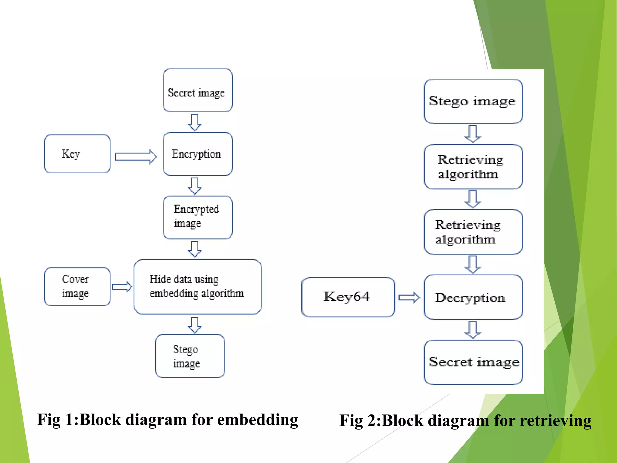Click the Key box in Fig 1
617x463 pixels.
click(77, 154)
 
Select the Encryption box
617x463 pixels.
click(198, 154)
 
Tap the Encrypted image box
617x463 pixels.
click(198, 217)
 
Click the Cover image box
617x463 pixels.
click(77, 287)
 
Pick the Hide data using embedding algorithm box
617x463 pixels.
click(198, 287)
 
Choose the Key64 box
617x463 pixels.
click(348, 297)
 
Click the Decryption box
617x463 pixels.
click(473, 297)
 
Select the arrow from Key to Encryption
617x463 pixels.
click(136, 157)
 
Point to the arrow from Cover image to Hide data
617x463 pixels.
click(122, 287)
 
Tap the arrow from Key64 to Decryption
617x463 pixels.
click(409, 298)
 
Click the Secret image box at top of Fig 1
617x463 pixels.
click(198, 90)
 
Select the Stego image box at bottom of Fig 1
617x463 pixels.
click(190, 356)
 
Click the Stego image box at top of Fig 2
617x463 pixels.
click(473, 101)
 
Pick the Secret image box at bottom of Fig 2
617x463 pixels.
click(473, 362)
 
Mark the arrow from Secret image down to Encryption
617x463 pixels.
click(195, 122)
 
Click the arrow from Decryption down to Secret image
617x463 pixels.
click(473, 329)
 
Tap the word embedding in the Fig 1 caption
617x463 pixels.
click(258, 420)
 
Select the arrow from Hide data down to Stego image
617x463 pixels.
click(195, 325)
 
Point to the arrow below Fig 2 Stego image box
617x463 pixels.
click(473, 134)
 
